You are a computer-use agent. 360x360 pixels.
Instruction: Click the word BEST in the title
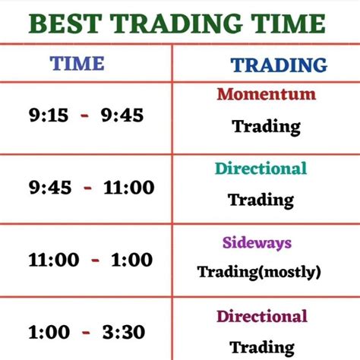(x=65, y=24)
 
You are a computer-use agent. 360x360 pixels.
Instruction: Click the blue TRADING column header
(x=269, y=65)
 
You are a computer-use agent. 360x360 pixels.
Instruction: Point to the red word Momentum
(x=266, y=95)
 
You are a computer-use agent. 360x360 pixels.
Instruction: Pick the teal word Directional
(x=261, y=169)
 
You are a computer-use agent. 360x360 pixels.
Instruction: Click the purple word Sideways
(x=257, y=244)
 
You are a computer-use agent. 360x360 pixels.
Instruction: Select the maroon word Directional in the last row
(x=262, y=317)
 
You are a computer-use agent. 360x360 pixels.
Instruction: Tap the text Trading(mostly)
(x=259, y=271)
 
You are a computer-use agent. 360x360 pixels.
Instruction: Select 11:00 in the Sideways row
(x=53, y=260)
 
